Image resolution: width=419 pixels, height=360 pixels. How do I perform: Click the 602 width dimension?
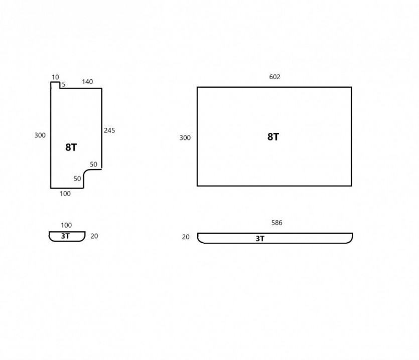pos(274,77)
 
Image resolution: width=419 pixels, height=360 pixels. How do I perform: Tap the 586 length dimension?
pos(277,223)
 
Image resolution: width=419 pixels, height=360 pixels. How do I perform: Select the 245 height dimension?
pos(109,130)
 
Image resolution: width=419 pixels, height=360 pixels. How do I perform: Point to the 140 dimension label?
pos(87,82)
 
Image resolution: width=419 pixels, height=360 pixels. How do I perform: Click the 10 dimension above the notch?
pos(55,77)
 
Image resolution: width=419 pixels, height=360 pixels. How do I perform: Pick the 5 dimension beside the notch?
pos(64,84)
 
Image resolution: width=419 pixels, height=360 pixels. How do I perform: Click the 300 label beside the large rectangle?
pos(185,138)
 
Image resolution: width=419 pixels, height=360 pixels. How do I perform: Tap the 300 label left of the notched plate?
pos(40,135)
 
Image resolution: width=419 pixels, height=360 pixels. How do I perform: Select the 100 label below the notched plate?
pos(65,194)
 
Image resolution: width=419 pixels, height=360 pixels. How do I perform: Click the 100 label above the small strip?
pos(66,226)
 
